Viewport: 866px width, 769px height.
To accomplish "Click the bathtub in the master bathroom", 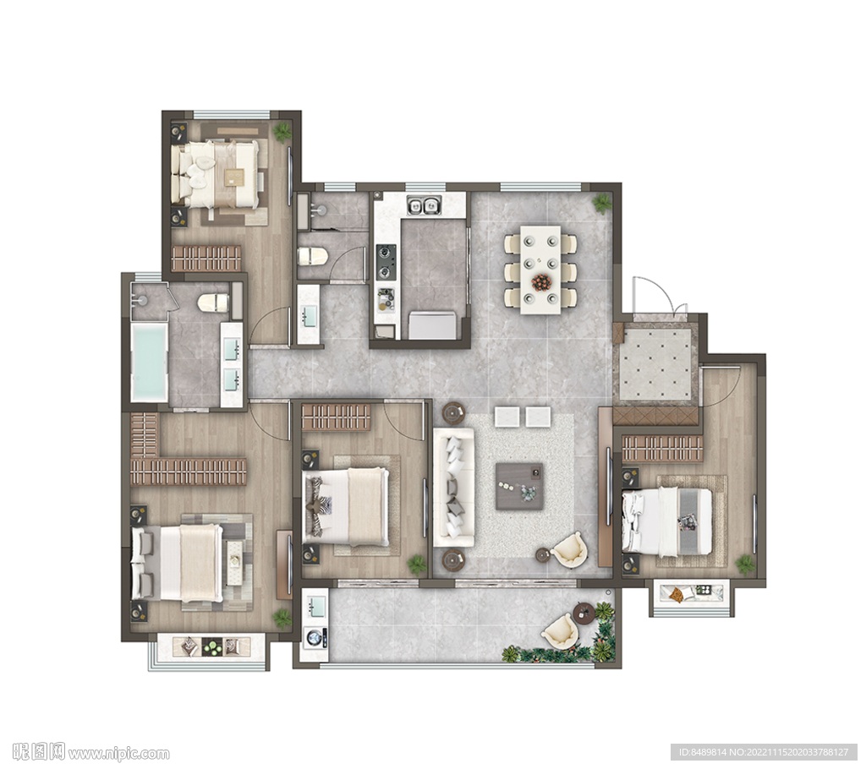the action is point(149,363).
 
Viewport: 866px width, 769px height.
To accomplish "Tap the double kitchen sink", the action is point(424,206).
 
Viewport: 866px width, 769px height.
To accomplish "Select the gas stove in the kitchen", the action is point(386,262).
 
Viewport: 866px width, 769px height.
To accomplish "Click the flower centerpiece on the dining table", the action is point(541,282).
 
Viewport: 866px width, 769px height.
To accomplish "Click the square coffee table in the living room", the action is point(519,486).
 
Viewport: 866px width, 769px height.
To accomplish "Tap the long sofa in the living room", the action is point(453,487).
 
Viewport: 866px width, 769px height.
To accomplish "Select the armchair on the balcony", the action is point(561,631).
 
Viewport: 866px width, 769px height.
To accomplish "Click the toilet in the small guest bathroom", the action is point(313,256).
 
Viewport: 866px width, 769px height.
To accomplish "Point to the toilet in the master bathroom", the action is point(213,302).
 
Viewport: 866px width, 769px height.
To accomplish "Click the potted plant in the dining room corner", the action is point(602,203).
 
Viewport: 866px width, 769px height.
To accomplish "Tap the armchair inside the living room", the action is point(568,548).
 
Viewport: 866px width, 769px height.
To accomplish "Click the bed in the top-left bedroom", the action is point(216,174).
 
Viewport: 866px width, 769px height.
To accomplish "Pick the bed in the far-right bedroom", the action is point(666,521).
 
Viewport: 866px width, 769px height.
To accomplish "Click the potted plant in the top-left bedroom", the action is point(282,132).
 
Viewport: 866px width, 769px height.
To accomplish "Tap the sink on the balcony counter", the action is point(315,608).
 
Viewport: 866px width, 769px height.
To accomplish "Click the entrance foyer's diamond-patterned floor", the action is point(655,364).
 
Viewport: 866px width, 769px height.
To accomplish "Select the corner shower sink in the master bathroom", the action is point(142,300).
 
